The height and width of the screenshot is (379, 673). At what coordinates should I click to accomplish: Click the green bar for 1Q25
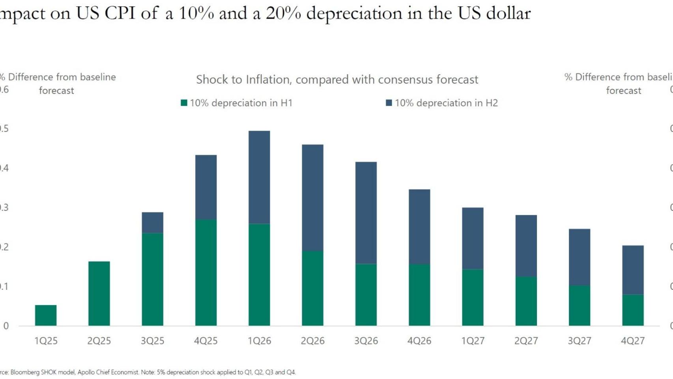click(46, 315)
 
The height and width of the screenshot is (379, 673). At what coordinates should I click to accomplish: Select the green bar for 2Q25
click(99, 293)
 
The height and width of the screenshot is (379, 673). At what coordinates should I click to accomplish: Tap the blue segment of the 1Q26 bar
click(259, 177)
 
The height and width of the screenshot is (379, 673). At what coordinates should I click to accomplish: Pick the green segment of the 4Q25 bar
click(206, 272)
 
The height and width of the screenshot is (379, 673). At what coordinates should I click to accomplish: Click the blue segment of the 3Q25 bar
click(152, 223)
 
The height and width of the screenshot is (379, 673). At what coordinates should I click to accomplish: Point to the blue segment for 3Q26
click(366, 213)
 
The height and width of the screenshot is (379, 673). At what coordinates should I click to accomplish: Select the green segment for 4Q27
click(633, 310)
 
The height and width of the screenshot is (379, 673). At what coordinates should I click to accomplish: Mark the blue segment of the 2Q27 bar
click(526, 246)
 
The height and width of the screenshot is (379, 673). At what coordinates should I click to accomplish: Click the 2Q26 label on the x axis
click(312, 341)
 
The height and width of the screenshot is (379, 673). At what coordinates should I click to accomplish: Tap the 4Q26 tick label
click(419, 341)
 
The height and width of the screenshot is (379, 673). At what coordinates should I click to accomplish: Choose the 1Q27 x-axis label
click(473, 341)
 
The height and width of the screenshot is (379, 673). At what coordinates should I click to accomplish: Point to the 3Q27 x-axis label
click(580, 341)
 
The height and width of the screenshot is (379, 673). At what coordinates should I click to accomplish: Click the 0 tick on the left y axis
click(6, 326)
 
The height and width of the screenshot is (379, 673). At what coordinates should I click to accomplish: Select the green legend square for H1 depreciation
click(184, 103)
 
